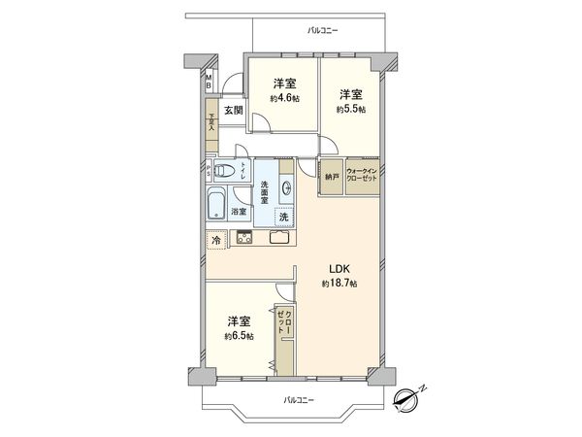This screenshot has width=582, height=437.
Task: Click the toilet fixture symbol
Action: [226, 172]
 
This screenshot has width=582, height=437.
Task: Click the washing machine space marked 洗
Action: [284, 218]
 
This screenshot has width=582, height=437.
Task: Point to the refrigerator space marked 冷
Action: [213, 238]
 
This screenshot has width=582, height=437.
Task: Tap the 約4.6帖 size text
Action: [284, 98]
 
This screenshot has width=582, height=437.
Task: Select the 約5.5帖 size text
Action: [351, 110]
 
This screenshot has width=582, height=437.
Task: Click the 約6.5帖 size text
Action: [238, 336]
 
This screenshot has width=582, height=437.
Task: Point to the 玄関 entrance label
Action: [234, 110]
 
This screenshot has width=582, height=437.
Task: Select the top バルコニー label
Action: [322, 32]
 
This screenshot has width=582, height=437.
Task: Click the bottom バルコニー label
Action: [298, 400]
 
